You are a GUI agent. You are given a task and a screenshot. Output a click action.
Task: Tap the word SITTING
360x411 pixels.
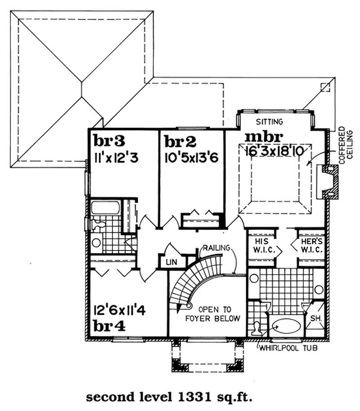click(269, 122)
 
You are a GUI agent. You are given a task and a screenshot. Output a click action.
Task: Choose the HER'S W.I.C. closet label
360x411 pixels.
click(310, 245)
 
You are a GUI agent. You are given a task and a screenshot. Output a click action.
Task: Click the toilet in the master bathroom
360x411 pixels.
click(258, 328)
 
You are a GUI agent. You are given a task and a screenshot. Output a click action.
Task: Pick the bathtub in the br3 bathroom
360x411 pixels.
click(106, 208)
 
